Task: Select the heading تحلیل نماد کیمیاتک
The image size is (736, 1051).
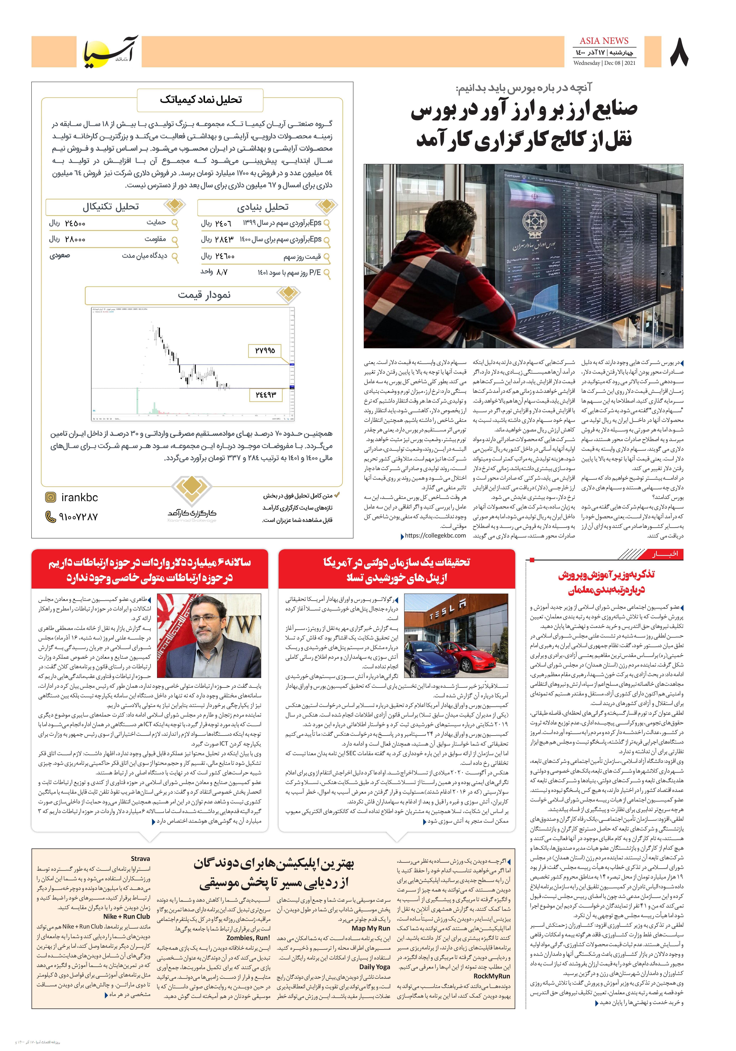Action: [201, 100]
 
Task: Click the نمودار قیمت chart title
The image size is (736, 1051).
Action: [204, 295]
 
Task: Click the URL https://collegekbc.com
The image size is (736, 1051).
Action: [435, 536]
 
